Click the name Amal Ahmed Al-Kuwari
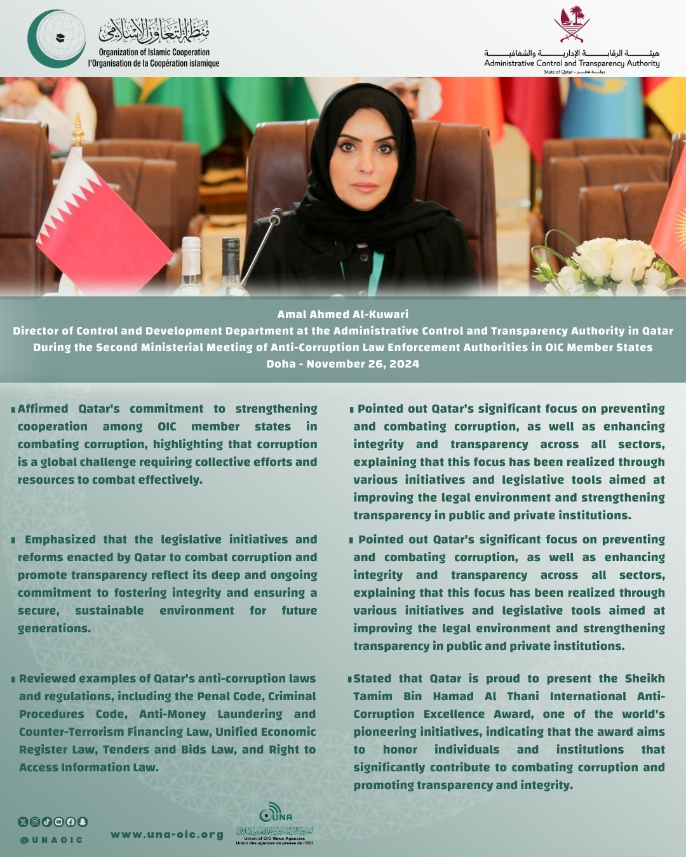[342, 314]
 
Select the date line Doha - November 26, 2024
[342, 364]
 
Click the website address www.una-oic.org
[167, 835]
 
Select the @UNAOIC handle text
[51, 840]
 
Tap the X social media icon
[24, 821]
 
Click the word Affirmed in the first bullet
[43, 409]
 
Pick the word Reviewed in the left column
[47, 679]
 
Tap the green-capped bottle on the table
[231, 263]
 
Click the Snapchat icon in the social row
[83, 821]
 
